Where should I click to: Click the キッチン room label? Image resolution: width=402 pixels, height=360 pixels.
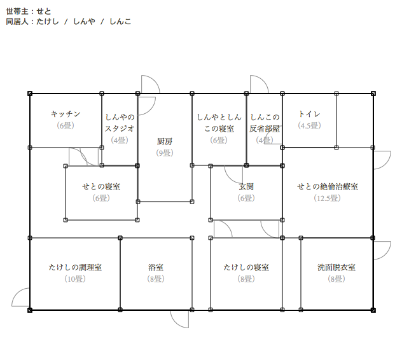pos(66,114)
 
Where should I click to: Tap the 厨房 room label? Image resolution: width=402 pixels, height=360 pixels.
pos(165,141)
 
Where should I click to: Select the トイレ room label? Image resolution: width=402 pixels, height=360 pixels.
pos(309,114)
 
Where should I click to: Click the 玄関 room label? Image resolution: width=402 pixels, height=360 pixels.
pos(246,186)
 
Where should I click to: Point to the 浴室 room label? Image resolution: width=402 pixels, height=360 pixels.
pos(156,267)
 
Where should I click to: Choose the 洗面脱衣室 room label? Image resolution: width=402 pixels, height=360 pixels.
pos(336,267)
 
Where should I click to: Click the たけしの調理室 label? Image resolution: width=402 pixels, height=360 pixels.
pos(75,267)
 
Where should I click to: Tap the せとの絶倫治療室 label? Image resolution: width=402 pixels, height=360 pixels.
pos(328,186)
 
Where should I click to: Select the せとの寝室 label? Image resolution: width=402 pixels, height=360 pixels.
pos(102,186)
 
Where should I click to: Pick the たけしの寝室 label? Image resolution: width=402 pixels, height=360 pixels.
pos(246,267)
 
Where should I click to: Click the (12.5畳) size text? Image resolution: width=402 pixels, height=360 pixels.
pos(328,198)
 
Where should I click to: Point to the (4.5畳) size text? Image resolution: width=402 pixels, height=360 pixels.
pos(309,125)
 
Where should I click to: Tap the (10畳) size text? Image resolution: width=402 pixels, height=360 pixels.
pos(75,279)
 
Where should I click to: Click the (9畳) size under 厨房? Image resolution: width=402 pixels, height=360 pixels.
pos(165,153)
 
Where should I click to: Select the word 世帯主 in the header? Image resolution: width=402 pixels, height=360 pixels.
pos(17,11)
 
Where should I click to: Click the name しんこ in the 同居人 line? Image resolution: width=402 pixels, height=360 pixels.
pos(120,22)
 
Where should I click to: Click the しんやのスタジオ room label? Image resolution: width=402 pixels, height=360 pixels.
pos(120,122)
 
